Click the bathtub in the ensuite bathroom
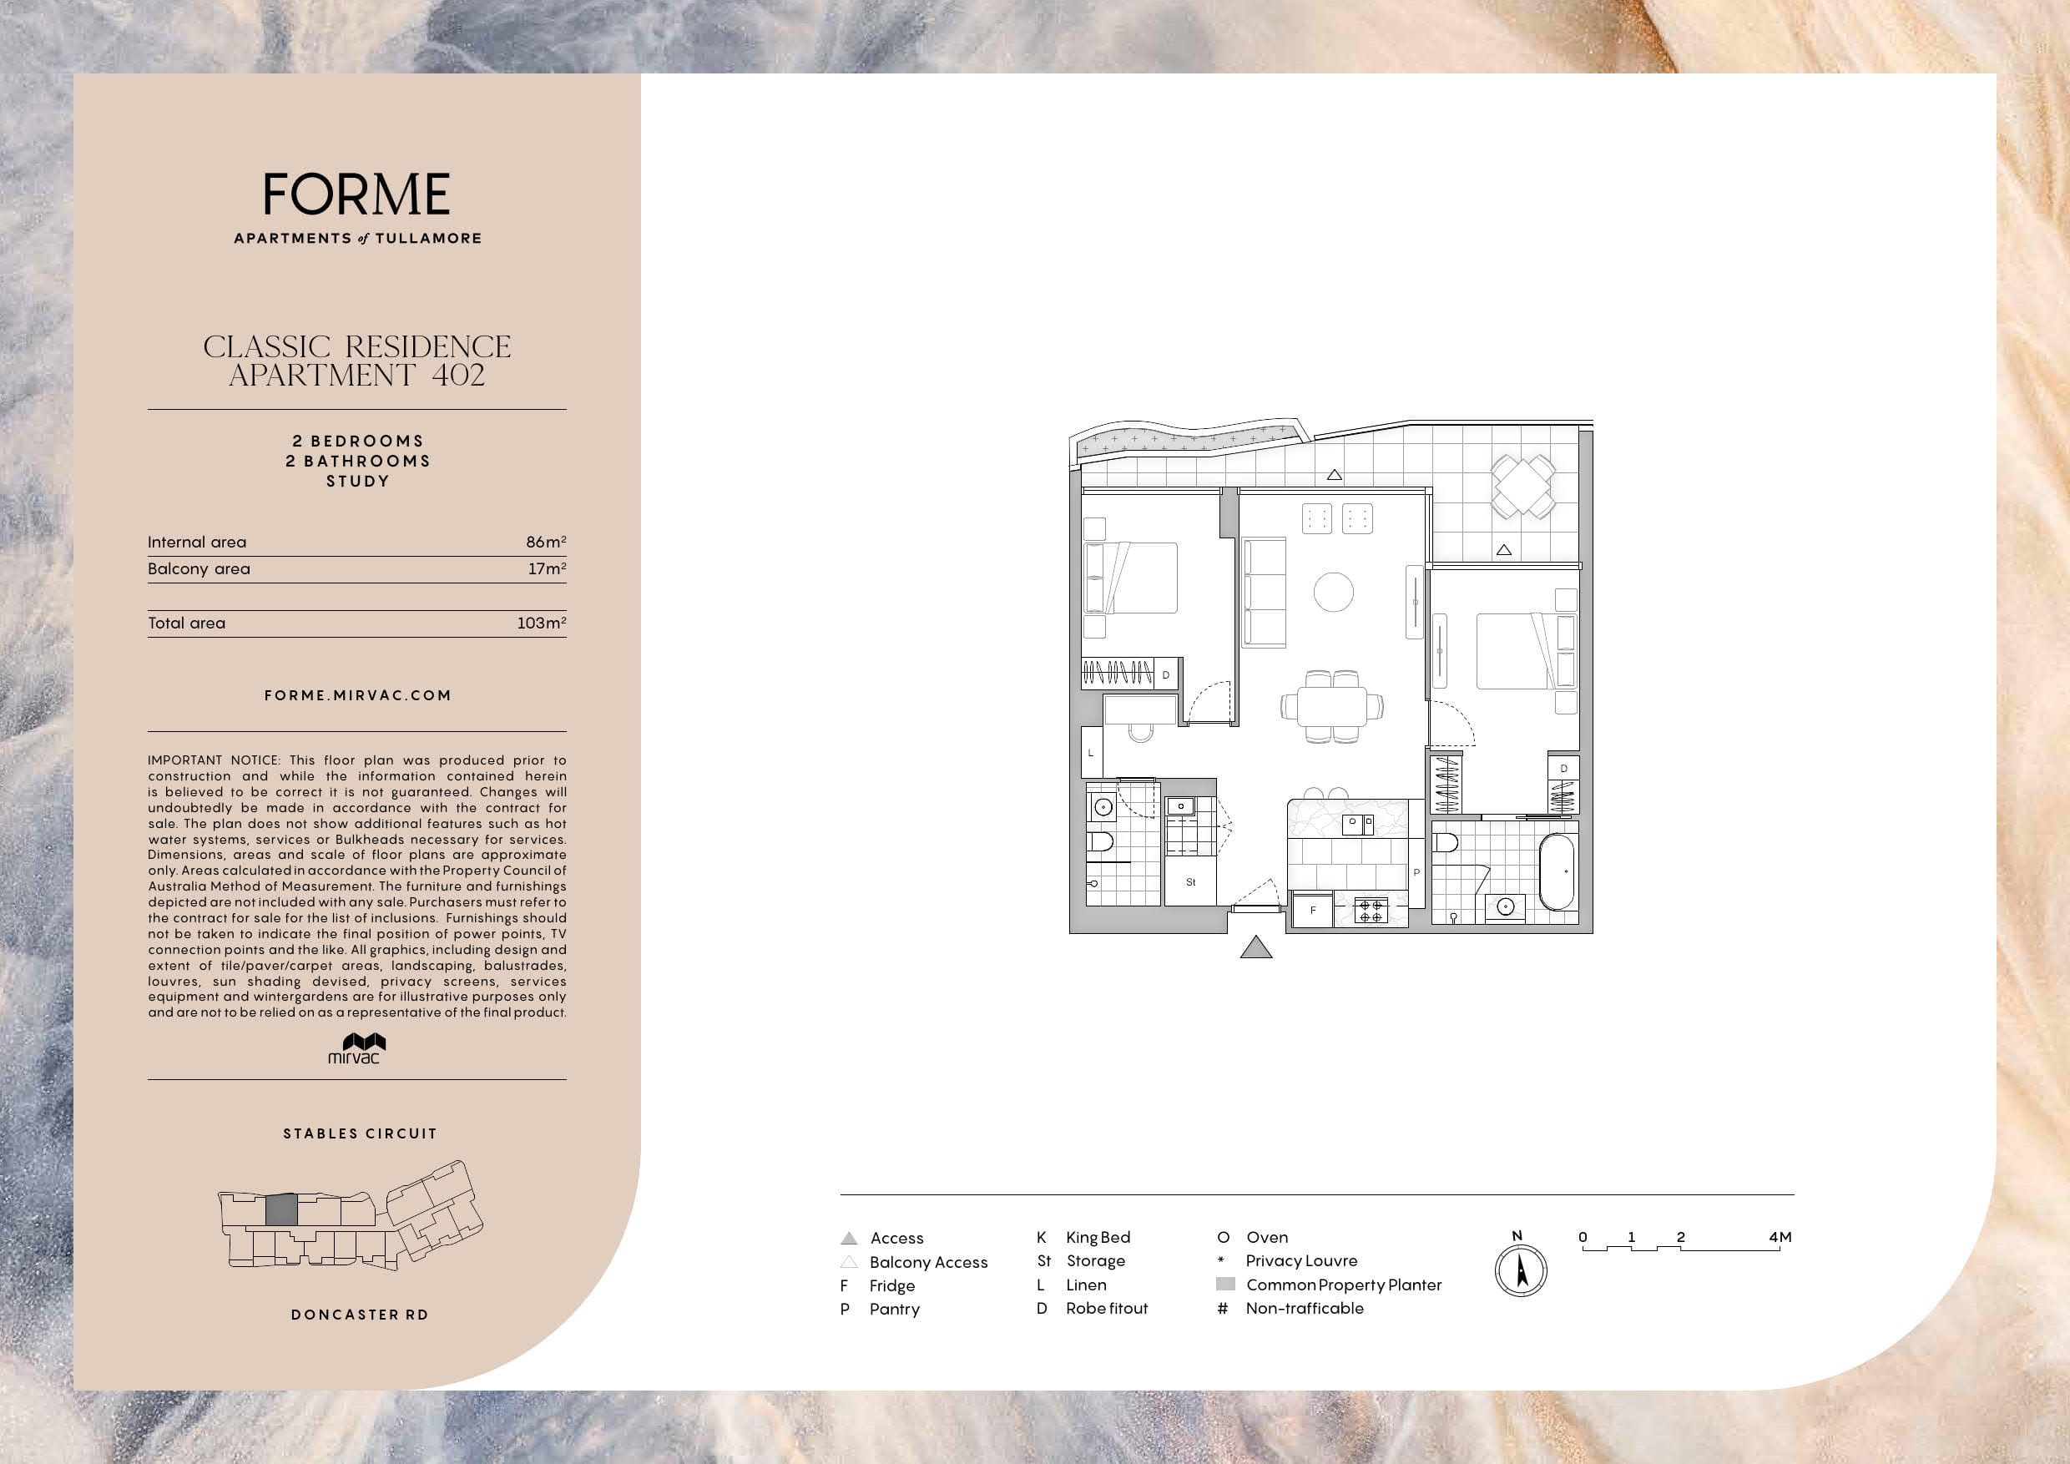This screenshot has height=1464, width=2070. click(x=1557, y=871)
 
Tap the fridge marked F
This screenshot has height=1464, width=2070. click(x=1313, y=910)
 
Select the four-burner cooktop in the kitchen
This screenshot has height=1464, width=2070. click(x=1371, y=911)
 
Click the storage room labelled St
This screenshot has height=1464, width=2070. click(x=1190, y=881)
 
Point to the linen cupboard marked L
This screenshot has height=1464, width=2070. click(x=1091, y=752)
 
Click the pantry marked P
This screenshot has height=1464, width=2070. click(x=1416, y=871)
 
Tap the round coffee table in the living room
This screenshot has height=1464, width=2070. click(x=1334, y=593)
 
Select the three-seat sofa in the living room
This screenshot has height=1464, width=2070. click(x=1264, y=593)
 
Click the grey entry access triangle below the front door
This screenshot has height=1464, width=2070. click(x=1256, y=947)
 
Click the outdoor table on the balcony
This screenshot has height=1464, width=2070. click(x=1522, y=486)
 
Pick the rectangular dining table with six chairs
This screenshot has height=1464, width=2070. click(x=1332, y=706)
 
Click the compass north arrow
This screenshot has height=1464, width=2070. click(x=1522, y=1271)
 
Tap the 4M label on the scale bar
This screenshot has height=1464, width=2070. click(x=1780, y=1237)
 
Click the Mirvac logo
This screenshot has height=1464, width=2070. click(x=357, y=1048)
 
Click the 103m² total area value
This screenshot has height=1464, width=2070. click(x=542, y=623)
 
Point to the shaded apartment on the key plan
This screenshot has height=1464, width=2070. click(x=281, y=1209)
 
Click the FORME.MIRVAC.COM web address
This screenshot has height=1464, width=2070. click(x=358, y=695)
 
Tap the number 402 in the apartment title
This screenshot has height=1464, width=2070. click(x=458, y=375)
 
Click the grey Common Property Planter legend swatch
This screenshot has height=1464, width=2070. click(x=1225, y=1284)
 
